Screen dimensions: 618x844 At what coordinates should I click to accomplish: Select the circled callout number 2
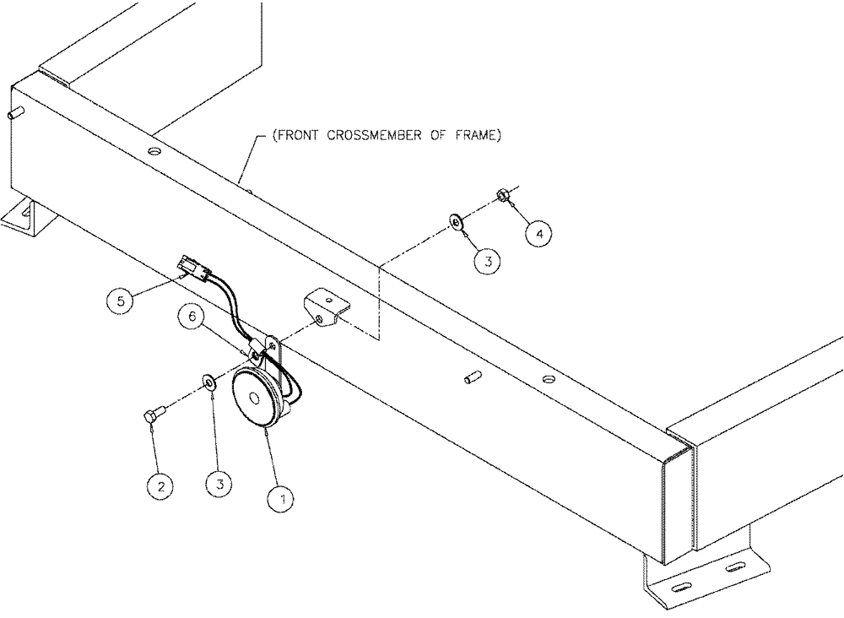click(x=161, y=485)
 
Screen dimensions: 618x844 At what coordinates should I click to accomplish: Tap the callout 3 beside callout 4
click(x=486, y=261)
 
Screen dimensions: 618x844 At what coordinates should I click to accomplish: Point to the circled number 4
click(x=541, y=231)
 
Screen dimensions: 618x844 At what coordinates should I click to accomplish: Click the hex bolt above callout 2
click(x=149, y=415)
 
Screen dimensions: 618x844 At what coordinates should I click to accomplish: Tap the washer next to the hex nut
click(x=455, y=223)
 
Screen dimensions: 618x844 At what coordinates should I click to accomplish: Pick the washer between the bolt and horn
click(x=208, y=384)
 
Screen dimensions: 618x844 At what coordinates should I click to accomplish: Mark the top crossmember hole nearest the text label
click(x=153, y=152)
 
